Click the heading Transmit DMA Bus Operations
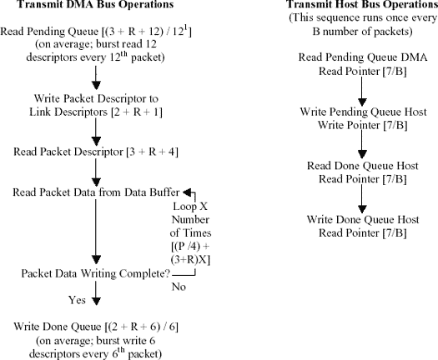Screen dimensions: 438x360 click(x=96, y=4)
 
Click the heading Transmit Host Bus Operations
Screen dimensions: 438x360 click(x=362, y=4)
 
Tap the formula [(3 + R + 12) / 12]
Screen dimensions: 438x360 click(x=146, y=32)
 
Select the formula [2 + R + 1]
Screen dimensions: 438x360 click(x=137, y=112)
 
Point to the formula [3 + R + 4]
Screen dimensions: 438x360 click(x=152, y=152)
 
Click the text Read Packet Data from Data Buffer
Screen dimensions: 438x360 click(x=96, y=192)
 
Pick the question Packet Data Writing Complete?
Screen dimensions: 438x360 click(x=96, y=273)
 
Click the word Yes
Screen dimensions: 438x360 click(x=77, y=300)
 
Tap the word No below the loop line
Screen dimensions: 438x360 click(x=179, y=287)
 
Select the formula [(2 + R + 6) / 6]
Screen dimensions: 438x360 click(x=141, y=327)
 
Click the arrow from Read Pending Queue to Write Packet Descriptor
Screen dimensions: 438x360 click(x=96, y=77)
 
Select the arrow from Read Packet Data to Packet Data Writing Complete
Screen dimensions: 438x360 click(x=96, y=232)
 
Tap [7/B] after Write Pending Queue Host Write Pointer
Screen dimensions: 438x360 click(x=395, y=125)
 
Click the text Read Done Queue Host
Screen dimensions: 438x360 click(x=363, y=166)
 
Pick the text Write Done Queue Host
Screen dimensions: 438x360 click(x=363, y=220)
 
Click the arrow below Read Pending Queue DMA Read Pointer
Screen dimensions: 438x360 click(x=362, y=92)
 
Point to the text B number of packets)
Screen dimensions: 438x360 click(x=362, y=32)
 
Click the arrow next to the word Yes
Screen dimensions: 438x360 click(x=96, y=293)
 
